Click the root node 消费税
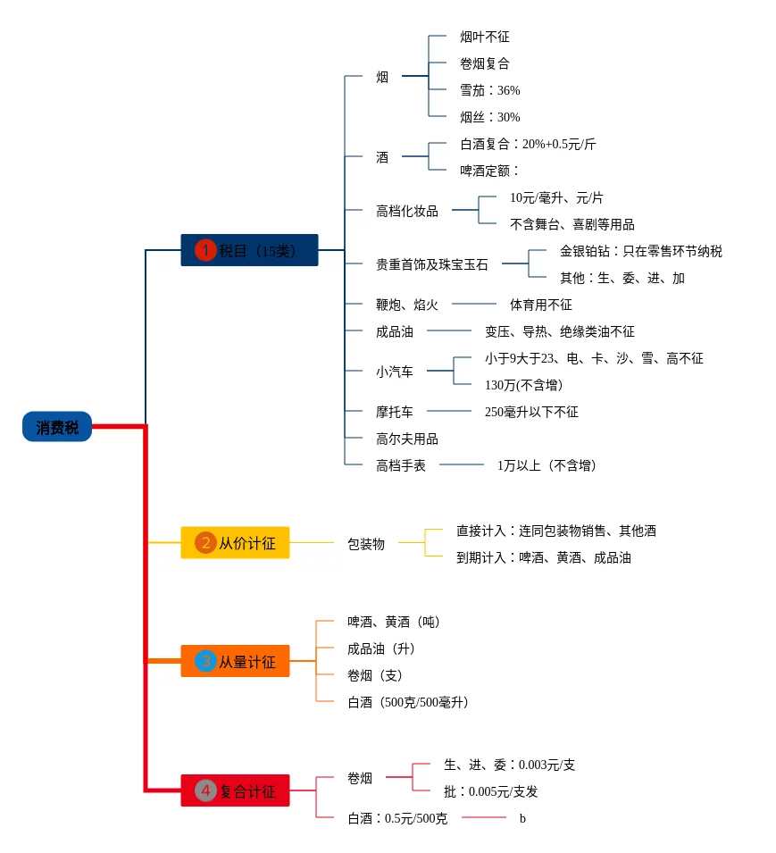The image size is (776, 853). (57, 428)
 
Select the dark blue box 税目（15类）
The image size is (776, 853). (249, 250)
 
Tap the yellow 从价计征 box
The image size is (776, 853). (235, 542)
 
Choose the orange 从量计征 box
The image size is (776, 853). (235, 661)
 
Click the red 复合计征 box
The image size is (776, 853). (235, 790)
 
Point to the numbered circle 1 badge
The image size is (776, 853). (205, 250)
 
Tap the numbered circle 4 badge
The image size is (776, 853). (205, 790)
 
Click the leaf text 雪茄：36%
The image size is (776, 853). (489, 90)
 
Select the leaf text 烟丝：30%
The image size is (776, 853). (489, 117)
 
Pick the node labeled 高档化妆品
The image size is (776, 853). (407, 211)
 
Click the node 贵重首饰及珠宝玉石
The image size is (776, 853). (432, 264)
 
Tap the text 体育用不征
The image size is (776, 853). (541, 305)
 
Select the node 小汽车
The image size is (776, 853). (395, 372)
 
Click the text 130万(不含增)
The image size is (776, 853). (523, 385)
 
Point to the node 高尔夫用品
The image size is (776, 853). (407, 439)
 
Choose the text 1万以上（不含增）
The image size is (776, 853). (547, 465)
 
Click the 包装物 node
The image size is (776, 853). (366, 543)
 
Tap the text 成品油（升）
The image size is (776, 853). (381, 648)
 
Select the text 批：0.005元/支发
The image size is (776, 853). (491, 791)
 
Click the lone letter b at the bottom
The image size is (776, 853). (522, 818)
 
